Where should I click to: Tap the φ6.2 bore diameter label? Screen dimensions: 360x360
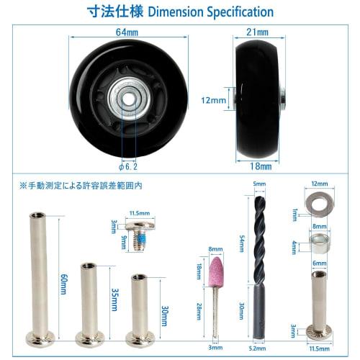click(x=129, y=163)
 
